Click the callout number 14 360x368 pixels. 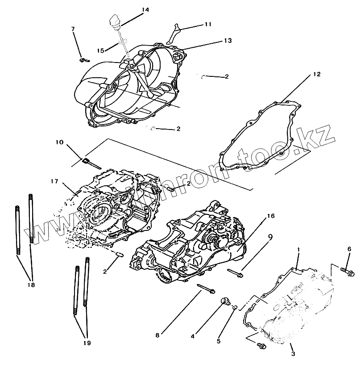(133, 9)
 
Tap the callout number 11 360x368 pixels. (208, 24)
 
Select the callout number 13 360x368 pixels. (228, 40)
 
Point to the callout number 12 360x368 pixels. (316, 74)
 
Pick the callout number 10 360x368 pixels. (60, 143)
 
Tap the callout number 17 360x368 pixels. (54, 181)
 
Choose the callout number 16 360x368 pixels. (270, 216)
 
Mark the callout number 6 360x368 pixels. (349, 249)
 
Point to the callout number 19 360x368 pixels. (86, 343)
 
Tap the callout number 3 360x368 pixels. (293, 354)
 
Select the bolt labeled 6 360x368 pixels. (348, 270)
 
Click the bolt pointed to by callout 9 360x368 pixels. (235, 272)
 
